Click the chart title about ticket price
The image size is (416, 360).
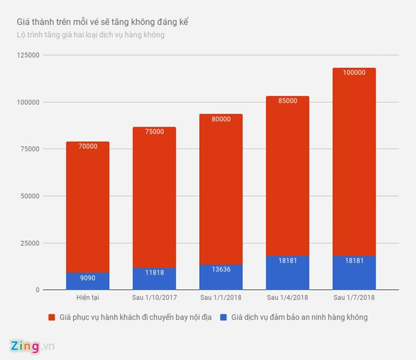pos(103,22)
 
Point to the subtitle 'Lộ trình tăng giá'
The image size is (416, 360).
pos(91,35)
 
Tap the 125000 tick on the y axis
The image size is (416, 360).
pos(27,55)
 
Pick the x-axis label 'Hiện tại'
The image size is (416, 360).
pos(88,298)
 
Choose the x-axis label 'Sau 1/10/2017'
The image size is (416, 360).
pos(154,298)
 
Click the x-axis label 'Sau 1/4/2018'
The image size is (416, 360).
pos(287,298)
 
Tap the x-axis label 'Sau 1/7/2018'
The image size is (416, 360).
pos(354,298)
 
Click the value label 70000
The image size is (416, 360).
pos(88,146)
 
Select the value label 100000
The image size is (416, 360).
pos(354,73)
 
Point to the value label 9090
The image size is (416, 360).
pos(88,278)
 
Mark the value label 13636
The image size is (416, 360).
pos(221,270)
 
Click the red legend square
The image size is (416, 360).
pos(52,317)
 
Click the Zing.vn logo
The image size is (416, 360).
pos(32,346)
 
